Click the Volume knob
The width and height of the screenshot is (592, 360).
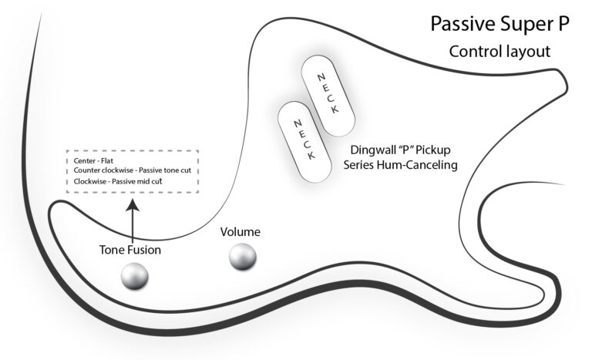tap(243, 258)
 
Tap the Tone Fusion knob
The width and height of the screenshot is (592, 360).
tap(134, 275)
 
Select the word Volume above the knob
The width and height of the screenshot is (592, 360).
tap(240, 232)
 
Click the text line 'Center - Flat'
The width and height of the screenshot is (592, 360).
tap(90, 161)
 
